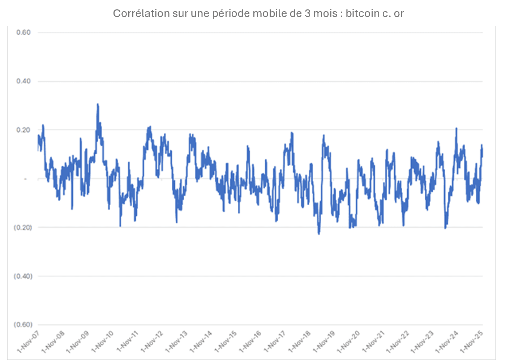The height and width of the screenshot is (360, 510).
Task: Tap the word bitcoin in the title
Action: (x=363, y=13)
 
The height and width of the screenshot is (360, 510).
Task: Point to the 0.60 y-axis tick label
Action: (x=23, y=33)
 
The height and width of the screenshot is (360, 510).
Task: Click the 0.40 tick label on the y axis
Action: (x=23, y=81)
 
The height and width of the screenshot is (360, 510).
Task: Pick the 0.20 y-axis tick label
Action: (x=23, y=130)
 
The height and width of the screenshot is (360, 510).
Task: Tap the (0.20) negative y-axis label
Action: (x=23, y=228)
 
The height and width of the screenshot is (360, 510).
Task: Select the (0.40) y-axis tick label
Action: (x=23, y=277)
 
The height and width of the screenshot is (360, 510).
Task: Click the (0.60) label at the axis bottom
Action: (x=23, y=325)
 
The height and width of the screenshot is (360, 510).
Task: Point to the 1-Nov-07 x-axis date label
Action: (x=28, y=342)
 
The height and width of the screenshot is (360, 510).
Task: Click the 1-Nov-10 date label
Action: (x=103, y=342)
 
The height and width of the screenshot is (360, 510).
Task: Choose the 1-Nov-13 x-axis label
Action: (x=176, y=342)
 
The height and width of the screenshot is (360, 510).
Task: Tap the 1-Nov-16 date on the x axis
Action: (x=250, y=342)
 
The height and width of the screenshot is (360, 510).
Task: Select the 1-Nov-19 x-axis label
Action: (x=324, y=342)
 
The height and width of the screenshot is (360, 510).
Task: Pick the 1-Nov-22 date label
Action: (x=398, y=342)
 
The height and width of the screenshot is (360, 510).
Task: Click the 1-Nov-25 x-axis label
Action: (x=471, y=342)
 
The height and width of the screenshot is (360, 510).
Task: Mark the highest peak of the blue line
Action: (x=98, y=104)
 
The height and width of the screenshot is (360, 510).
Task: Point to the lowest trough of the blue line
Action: (x=319, y=234)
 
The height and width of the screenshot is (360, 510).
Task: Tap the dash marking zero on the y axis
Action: (x=25, y=179)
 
